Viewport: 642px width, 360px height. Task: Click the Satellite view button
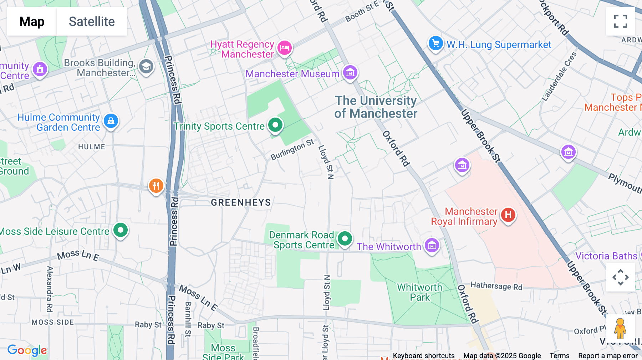coord(92,21)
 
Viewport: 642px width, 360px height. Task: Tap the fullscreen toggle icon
coord(620,21)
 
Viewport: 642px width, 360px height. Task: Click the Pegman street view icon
coord(620,328)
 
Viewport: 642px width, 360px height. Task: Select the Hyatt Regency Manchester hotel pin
coord(285,47)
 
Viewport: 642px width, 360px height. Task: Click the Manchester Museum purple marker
coord(350,73)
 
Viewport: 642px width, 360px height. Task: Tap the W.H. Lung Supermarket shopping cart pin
coord(435,44)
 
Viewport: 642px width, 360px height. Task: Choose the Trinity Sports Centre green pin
coord(275,125)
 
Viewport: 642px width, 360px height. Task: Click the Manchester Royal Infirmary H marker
coord(508,215)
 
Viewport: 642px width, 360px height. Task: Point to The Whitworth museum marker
coord(432,246)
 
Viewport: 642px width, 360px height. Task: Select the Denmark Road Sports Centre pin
coord(345,238)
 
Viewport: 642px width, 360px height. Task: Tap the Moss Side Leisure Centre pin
coord(121,230)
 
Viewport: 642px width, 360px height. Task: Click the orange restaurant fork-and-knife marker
coord(156,186)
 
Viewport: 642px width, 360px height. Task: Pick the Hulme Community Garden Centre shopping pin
coord(111,121)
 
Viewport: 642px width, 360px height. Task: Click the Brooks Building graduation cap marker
coord(146,66)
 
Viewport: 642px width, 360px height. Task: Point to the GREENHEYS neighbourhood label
coord(241,202)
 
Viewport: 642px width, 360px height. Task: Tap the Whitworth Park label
coord(419,292)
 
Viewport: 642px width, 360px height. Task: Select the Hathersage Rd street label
coord(496,286)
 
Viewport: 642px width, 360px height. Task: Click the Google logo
coord(27,350)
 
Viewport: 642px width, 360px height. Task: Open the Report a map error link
coord(608,355)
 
